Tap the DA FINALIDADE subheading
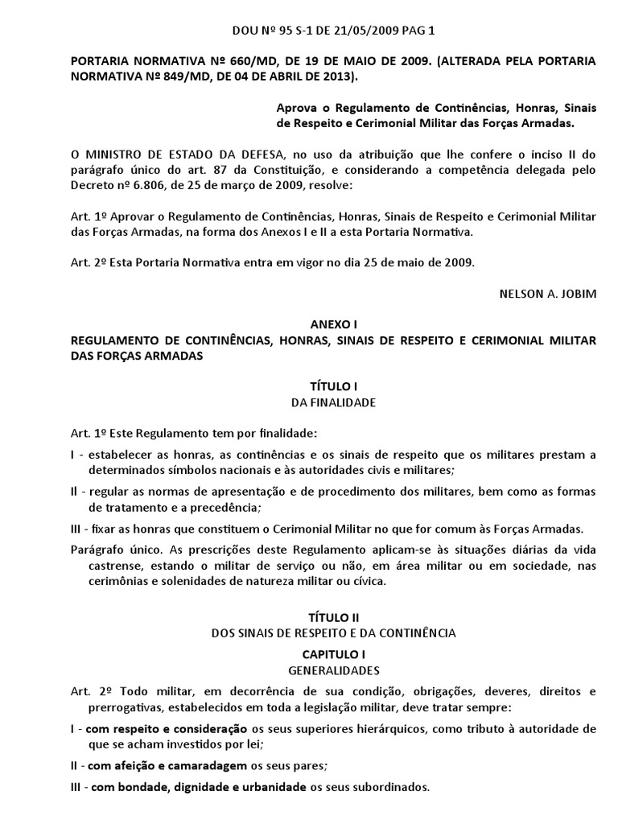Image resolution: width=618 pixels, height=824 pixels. pyautogui.click(x=333, y=402)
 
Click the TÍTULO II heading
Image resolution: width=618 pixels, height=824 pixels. pyautogui.click(x=333, y=617)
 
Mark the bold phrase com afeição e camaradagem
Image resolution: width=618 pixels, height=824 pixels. pyautogui.click(x=165, y=764)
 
